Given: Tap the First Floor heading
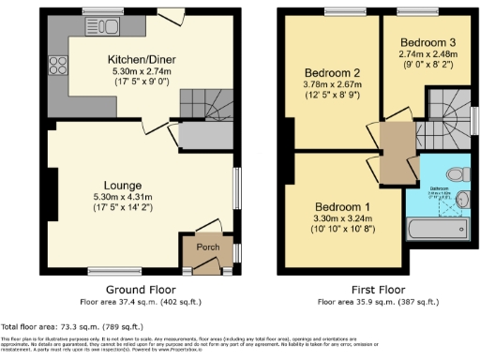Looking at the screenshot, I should pyautogui.click(x=374, y=291).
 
